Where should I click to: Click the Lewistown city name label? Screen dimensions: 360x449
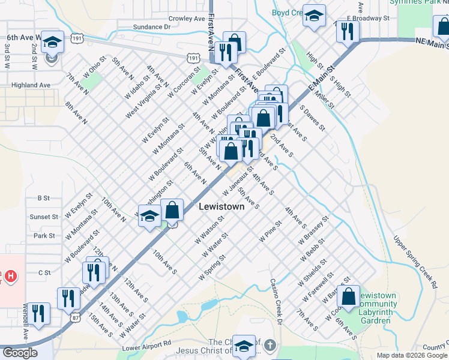coord(221,206)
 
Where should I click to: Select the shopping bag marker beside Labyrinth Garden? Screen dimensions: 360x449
coord(348,296)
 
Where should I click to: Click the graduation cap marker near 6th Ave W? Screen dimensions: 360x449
coord(52,42)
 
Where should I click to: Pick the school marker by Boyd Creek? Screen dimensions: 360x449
coord(313,16)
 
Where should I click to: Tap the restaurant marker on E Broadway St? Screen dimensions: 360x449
coord(348,31)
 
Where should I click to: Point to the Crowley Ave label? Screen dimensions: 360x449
coord(187,19)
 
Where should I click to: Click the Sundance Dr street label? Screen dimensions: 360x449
coord(152,27)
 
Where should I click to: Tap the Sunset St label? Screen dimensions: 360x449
coord(46,217)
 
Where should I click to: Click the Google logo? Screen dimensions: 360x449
coord(20,353)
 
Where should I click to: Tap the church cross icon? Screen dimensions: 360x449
coord(270,345)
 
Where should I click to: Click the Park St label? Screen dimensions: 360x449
coord(44,236)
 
